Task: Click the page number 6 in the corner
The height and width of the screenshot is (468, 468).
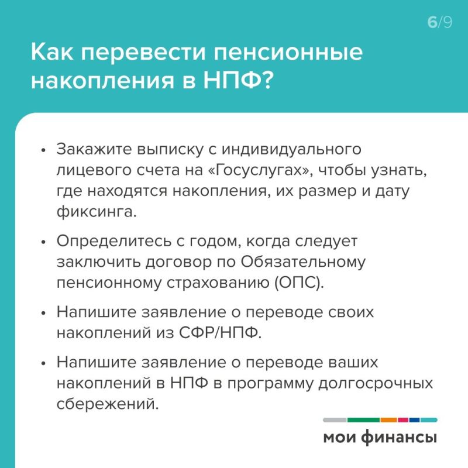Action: pyautogui.click(x=432, y=23)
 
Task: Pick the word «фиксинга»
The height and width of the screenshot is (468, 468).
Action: pyautogui.click(x=96, y=211)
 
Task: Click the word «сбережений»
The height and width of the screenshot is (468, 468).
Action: pyautogui.click(x=108, y=404)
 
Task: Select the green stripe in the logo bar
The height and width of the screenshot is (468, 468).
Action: pyautogui.click(x=363, y=420)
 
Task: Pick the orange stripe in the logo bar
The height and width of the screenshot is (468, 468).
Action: pyautogui.click(x=388, y=420)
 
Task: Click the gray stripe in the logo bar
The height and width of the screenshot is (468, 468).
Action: pyautogui.click(x=334, y=420)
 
